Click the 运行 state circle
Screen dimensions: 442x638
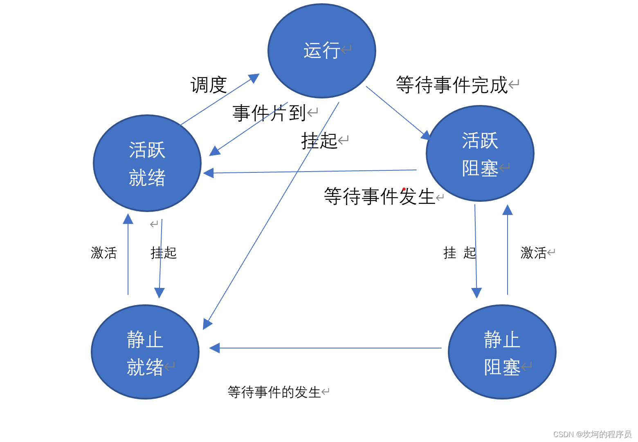[322, 51]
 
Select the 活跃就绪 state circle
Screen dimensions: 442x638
[147, 163]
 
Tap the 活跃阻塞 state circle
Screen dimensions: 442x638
[480, 154]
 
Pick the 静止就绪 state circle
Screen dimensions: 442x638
[145, 352]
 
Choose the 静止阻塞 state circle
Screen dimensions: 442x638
[502, 352]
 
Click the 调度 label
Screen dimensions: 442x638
[209, 85]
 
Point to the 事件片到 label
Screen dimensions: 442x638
[269, 113]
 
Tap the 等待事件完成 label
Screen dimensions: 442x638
[452, 85]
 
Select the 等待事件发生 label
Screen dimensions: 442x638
[379, 196]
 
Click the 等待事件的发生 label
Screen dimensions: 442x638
[274, 392]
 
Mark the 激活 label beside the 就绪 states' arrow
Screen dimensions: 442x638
[103, 253]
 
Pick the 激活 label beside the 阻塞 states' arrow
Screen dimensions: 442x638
[533, 253]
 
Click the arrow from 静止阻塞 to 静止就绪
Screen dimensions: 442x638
[327, 348]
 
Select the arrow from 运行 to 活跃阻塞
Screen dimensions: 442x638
[397, 112]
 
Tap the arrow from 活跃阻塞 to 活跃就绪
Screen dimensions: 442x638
[311, 172]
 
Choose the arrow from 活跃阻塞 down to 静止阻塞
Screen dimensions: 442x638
[476, 253]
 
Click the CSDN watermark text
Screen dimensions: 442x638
[592, 434]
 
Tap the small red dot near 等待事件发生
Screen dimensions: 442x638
[404, 189]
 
